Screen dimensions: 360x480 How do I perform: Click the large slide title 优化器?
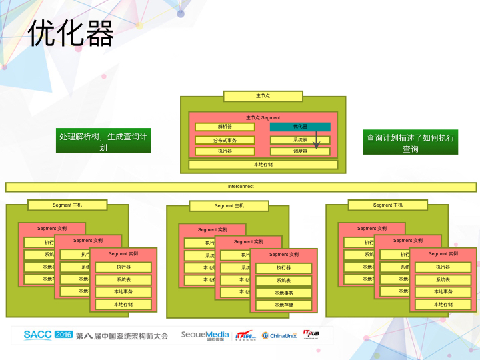(x=71, y=33)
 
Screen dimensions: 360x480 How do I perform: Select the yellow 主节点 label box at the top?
(x=263, y=96)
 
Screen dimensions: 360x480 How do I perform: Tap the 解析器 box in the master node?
(x=224, y=127)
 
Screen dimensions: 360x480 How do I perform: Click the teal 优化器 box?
(x=300, y=127)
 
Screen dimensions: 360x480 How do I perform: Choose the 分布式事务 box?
(x=224, y=140)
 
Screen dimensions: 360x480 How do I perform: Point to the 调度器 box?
(x=300, y=151)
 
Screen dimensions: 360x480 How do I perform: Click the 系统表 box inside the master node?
(x=300, y=140)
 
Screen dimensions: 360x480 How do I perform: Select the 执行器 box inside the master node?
(x=224, y=151)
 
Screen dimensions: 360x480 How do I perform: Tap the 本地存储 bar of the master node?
(x=263, y=165)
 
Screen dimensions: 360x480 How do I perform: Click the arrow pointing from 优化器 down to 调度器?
(x=317, y=139)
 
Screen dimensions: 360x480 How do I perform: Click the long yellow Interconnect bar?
(x=241, y=187)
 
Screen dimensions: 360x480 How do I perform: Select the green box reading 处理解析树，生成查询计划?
(x=103, y=141)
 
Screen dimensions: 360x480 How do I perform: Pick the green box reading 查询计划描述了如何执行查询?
(x=411, y=142)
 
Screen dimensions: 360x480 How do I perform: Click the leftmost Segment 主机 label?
(x=68, y=205)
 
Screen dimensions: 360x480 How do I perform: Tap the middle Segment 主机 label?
(x=229, y=206)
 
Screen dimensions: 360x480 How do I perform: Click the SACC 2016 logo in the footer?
(x=47, y=335)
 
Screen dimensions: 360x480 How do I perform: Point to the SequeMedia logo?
(x=205, y=335)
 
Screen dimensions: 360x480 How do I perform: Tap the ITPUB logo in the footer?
(x=313, y=334)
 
